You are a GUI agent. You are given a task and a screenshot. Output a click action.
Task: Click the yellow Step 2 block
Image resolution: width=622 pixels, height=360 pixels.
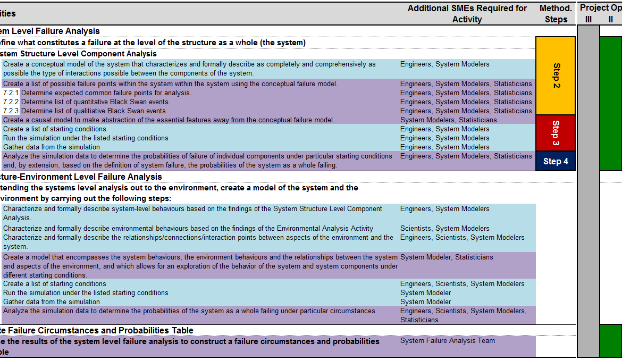coord(556,76)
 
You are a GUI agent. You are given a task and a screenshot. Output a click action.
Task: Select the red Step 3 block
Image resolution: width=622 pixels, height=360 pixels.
coord(556,133)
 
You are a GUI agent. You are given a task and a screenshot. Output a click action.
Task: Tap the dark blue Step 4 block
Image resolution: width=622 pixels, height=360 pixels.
coord(556,161)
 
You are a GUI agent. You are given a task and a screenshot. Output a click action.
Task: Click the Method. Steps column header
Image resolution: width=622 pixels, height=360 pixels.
coord(556,14)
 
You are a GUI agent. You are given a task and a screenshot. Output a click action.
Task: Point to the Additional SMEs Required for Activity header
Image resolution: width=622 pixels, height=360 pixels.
coord(467,14)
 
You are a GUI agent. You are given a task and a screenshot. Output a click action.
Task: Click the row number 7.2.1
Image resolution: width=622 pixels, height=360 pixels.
coord(11,93)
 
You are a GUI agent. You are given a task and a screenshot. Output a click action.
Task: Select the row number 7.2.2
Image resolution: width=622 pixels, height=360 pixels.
coord(11,102)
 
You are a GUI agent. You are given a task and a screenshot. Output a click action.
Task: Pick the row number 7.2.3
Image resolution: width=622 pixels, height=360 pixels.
coord(11,111)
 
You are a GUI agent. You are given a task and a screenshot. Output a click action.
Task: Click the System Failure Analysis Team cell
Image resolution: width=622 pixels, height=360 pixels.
coord(447,341)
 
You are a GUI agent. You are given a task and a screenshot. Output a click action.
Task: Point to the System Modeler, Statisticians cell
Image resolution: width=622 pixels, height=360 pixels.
coord(447,257)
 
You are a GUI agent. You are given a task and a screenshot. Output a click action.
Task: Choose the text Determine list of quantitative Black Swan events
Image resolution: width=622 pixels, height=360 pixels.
coord(96,102)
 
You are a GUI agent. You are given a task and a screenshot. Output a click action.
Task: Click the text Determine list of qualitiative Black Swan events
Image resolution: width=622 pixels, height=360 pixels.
coord(94,111)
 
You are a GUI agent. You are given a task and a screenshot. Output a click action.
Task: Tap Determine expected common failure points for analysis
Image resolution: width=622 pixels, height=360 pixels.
coord(106,93)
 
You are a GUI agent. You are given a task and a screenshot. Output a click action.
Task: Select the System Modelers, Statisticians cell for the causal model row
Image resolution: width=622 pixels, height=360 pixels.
coord(448,120)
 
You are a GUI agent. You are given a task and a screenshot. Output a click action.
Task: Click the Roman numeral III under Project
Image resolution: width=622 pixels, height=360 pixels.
coord(588,20)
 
